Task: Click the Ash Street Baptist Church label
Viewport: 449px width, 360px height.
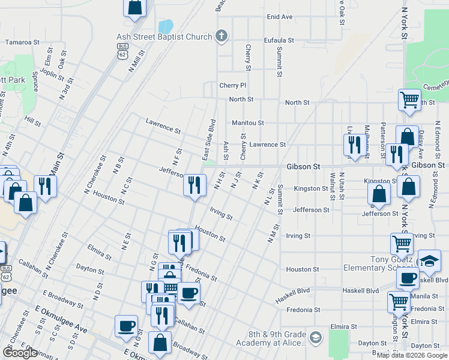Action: tap(164, 37)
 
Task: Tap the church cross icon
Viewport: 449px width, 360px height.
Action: tap(221, 36)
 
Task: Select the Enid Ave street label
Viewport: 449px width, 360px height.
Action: tap(279, 17)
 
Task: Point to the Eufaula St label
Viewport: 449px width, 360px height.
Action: tap(279, 40)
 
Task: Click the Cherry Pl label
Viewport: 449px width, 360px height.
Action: tap(232, 86)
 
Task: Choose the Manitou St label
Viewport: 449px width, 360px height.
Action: tap(248, 123)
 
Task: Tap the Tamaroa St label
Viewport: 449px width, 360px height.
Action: tap(22, 43)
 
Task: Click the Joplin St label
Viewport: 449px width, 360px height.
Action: tap(52, 75)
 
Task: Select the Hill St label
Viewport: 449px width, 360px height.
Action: tap(32, 121)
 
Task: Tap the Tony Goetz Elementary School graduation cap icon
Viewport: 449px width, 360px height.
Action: tap(429, 260)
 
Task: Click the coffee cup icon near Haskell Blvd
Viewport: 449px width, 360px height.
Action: tap(408, 278)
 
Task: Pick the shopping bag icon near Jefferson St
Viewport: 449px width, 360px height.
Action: tap(379, 193)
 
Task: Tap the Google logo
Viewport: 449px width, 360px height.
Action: tap(19, 353)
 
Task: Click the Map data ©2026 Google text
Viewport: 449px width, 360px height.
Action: tap(412, 355)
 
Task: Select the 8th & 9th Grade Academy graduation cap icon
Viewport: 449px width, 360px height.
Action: tap(316, 339)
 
